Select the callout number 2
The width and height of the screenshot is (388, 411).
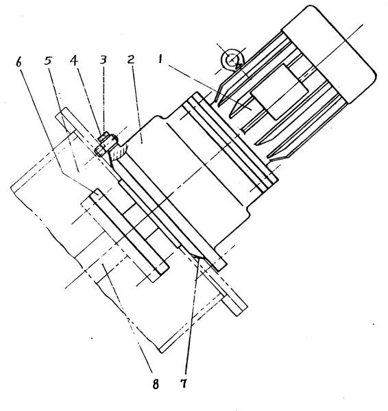pyautogui.click(x=131, y=59)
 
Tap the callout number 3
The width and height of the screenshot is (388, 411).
pyautogui.click(x=103, y=60)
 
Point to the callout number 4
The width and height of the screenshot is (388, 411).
pyautogui.click(x=74, y=60)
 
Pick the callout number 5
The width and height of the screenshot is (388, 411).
pyautogui.click(x=48, y=60)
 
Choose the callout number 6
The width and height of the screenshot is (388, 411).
pyautogui.click(x=19, y=62)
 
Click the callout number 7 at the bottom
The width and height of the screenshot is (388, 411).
pyautogui.click(x=184, y=384)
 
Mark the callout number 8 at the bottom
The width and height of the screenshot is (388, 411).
pyautogui.click(x=156, y=384)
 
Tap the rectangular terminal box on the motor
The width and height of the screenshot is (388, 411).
pyautogui.click(x=280, y=92)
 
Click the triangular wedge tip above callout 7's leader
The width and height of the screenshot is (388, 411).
pyautogui.click(x=199, y=257)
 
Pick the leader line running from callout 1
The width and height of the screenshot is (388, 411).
pyautogui.click(x=208, y=86)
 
